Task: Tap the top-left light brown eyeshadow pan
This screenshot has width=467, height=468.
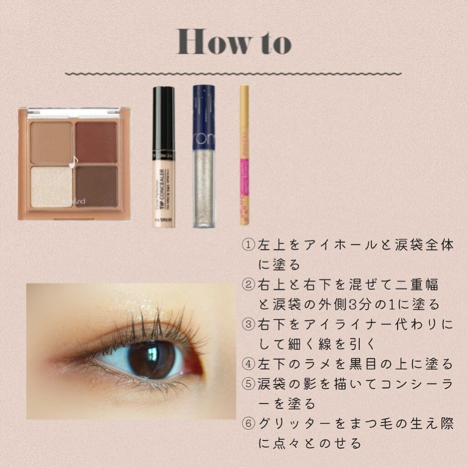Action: (x=51, y=142)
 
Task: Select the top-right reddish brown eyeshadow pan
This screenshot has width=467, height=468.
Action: (x=96, y=142)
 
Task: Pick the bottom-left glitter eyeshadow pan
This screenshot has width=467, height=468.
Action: (x=51, y=186)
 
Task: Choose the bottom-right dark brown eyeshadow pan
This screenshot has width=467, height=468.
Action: (x=96, y=186)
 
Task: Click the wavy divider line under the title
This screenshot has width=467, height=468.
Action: (x=233, y=73)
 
